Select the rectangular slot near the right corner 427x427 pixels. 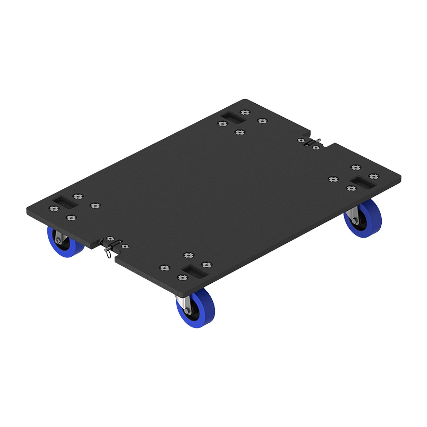click(362, 182)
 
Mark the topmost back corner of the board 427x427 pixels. click(245, 100)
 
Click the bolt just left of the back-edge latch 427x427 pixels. click(301, 140)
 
